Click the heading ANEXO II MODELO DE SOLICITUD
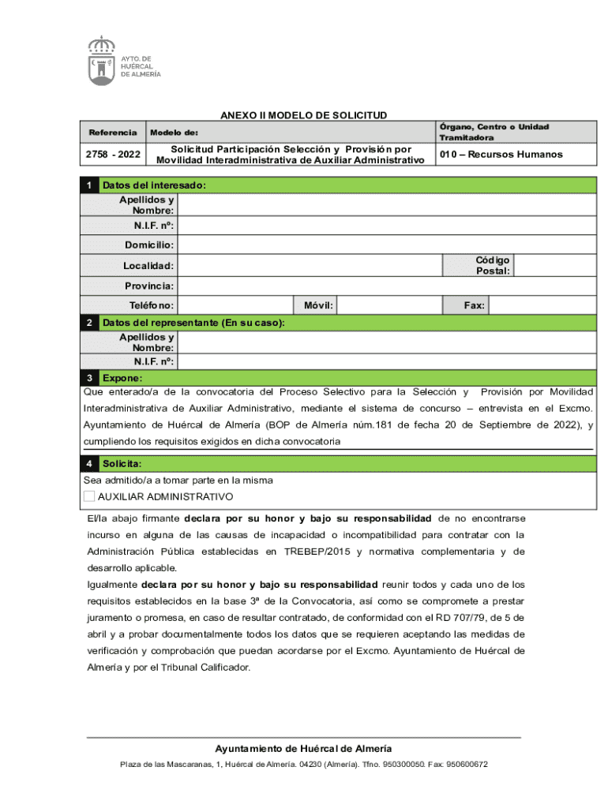click(303, 115)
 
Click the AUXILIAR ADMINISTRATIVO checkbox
click(89, 496)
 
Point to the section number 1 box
click(91, 185)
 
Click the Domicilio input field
click(387, 245)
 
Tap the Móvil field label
click(318, 305)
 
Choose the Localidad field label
click(149, 267)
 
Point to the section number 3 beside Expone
click(91, 378)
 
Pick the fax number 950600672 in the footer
click(467, 765)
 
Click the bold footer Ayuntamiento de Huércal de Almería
click(303, 748)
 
